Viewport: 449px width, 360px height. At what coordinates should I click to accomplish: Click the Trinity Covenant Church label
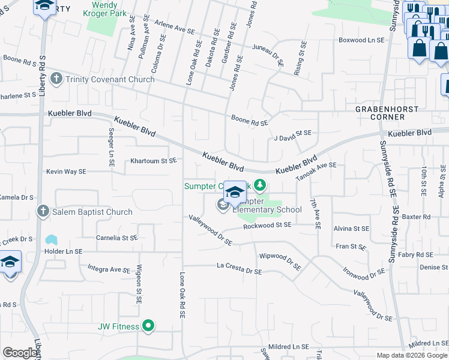(x=110, y=79)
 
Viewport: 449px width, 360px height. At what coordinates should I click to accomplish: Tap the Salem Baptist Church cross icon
(x=43, y=211)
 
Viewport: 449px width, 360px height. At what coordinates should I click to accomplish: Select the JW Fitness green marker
(x=148, y=326)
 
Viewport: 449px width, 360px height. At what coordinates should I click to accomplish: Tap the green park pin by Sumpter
(x=260, y=185)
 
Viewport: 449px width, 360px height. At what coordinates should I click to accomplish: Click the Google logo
(x=20, y=353)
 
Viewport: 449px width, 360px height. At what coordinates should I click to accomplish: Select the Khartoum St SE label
(x=154, y=161)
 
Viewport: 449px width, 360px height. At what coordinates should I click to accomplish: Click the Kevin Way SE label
(x=66, y=172)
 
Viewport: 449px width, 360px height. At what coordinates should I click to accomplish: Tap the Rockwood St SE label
(x=267, y=225)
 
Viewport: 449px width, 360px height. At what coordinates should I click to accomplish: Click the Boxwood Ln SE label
(x=361, y=40)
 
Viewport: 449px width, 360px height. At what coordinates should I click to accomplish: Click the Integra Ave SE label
(x=109, y=268)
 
